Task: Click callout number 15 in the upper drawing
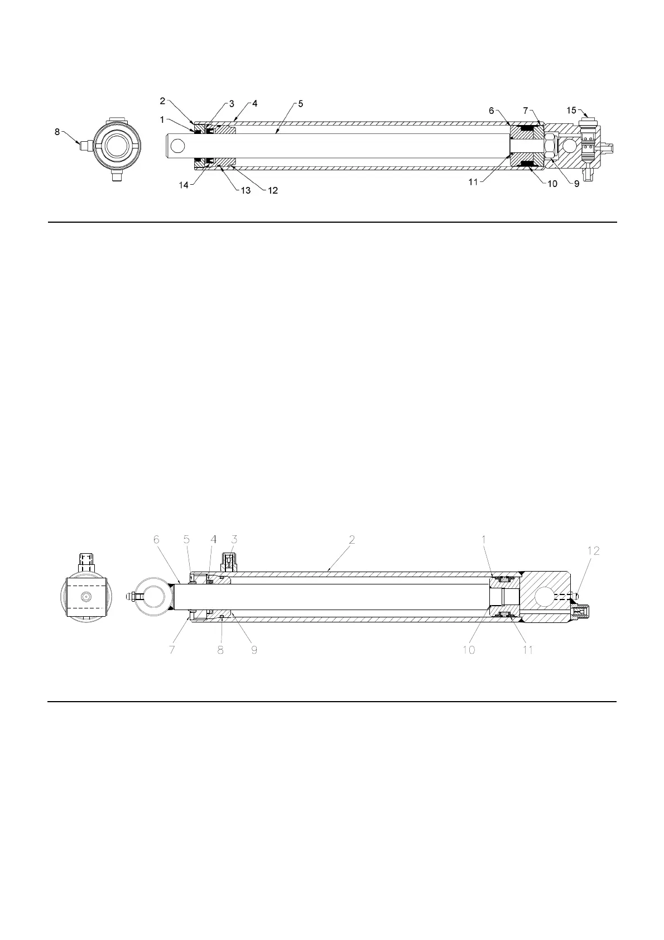[x=571, y=111]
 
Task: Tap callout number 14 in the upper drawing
[x=184, y=185]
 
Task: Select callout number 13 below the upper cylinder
[x=246, y=190]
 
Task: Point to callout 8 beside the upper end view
[x=57, y=132]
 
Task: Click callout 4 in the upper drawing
[x=254, y=104]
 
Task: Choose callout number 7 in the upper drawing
[x=526, y=111]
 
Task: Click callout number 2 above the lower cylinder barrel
[x=352, y=540]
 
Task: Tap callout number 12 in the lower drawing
[x=593, y=551]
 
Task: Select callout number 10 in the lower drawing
[x=469, y=650]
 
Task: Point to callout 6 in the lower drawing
[x=156, y=540]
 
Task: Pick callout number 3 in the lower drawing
[x=234, y=540]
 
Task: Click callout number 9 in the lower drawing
[x=254, y=650]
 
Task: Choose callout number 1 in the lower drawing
[x=483, y=540]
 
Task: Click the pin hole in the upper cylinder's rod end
[x=178, y=146]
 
